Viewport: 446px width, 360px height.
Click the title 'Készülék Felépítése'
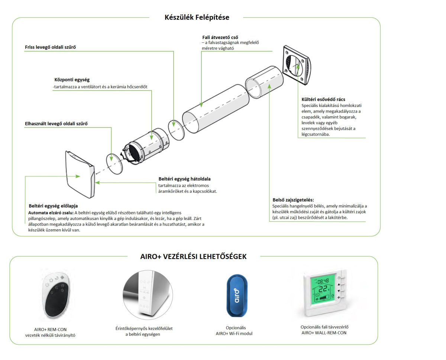pos(197,17)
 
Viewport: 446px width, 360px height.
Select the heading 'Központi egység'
pos(72,80)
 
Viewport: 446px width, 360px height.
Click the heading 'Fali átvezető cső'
pos(219,37)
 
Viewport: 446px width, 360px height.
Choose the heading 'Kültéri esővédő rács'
pos(323,100)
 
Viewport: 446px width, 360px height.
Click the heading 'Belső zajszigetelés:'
pos(293,200)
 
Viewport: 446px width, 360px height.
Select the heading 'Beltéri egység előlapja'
pos(53,206)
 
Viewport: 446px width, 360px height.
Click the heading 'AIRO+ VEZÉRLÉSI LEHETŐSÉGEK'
pos(193,257)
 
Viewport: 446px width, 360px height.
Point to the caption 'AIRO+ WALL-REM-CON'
pos(324,333)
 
